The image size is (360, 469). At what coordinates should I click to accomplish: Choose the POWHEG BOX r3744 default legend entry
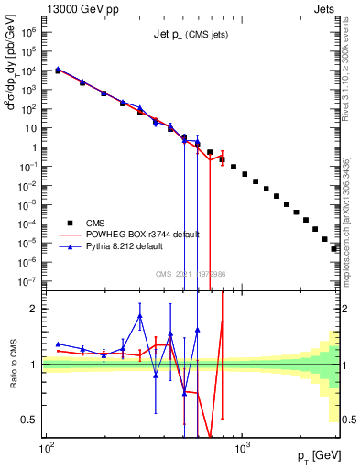pyautogui.click(x=143, y=234)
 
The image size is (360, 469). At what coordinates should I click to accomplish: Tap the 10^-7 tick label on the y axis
pyautogui.click(x=27, y=281)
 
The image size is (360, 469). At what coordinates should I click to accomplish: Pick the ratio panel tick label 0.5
pyautogui.click(x=30, y=420)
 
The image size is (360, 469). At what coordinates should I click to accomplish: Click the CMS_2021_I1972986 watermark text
pyautogui.click(x=191, y=274)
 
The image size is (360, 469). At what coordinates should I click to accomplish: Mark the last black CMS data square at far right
pyautogui.click(x=334, y=248)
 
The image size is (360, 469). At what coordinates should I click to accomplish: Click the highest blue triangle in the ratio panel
pyautogui.click(x=139, y=316)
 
